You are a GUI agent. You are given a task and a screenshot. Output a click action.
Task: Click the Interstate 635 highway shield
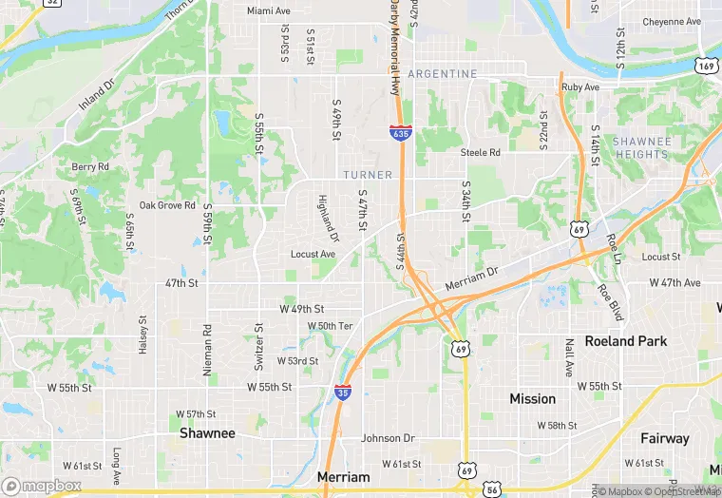click(x=400, y=132)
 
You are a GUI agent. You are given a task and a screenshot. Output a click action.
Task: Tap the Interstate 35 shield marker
click(x=342, y=392)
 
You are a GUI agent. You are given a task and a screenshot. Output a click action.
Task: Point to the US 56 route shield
click(x=491, y=488)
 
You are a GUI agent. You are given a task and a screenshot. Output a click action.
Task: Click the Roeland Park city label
click(x=625, y=341)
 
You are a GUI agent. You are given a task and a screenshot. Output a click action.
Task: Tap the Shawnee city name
click(x=207, y=432)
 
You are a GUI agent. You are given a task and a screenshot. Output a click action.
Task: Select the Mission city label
click(x=532, y=399)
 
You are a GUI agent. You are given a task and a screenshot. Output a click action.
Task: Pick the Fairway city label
click(x=664, y=438)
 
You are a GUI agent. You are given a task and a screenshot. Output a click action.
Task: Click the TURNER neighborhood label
click(x=368, y=175)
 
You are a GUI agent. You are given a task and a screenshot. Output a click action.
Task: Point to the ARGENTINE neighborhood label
click(x=443, y=74)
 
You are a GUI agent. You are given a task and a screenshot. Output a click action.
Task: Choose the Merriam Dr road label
click(x=471, y=279)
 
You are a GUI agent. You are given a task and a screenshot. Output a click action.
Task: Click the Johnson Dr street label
click(x=388, y=438)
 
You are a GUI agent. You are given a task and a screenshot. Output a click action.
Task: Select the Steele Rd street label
click(x=480, y=152)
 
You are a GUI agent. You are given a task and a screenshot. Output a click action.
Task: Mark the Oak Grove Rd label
click(x=167, y=205)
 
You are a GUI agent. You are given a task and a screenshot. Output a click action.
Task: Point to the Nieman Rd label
click(x=207, y=349)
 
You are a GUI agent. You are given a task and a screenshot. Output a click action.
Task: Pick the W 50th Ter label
click(x=331, y=326)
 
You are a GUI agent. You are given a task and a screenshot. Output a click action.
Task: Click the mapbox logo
click(x=42, y=486)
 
